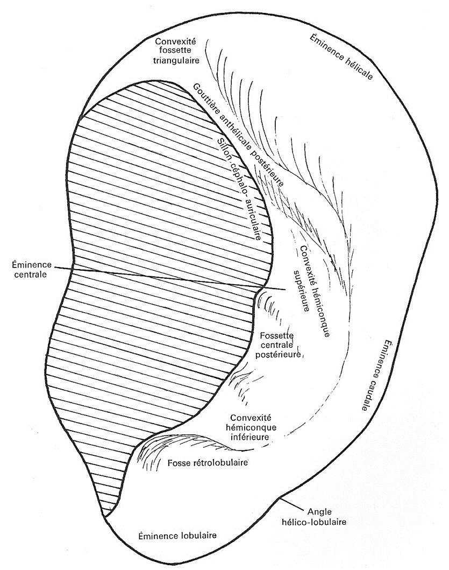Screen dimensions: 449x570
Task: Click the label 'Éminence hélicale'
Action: [341, 57]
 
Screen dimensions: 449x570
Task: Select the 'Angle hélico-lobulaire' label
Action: [319, 517]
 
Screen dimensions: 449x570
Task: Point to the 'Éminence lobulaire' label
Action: [177, 535]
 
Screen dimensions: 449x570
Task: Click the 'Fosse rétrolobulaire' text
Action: [208, 463]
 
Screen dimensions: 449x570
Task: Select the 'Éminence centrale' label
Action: [31, 269]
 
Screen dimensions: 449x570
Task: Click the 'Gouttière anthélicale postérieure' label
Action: [238, 135]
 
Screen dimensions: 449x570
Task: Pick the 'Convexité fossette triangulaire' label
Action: [176, 51]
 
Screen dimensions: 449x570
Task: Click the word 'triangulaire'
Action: [176, 60]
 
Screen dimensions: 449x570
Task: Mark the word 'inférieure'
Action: [250, 437]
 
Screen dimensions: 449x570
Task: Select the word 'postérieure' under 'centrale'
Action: [278, 354]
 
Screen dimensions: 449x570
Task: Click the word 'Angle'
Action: [319, 512]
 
